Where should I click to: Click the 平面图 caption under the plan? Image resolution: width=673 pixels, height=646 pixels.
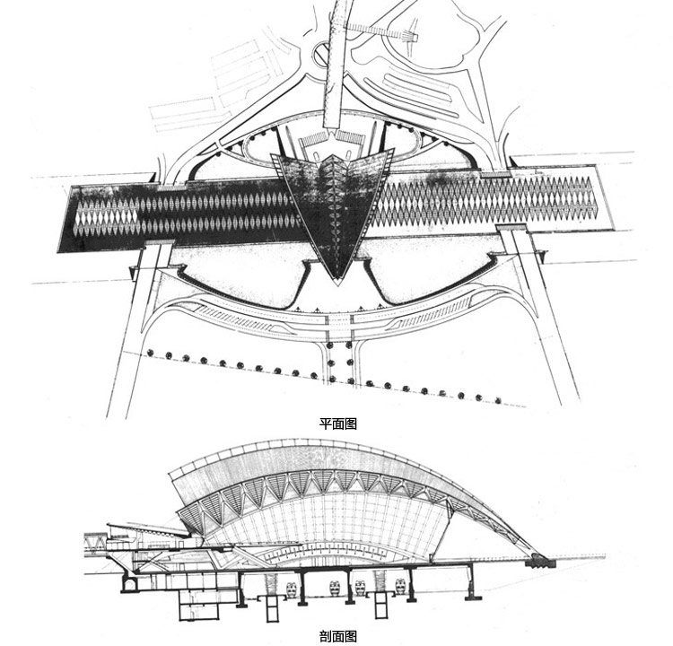(337, 424)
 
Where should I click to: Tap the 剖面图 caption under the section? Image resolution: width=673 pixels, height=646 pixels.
(337, 636)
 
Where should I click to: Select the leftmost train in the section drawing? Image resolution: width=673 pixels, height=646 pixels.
(292, 589)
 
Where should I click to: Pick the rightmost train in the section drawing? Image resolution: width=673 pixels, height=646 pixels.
(400, 586)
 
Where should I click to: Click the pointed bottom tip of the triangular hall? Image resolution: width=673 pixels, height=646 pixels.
(338, 284)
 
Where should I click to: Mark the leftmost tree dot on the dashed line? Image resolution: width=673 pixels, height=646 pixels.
(150, 353)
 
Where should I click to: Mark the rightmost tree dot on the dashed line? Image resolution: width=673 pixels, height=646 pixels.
(498, 400)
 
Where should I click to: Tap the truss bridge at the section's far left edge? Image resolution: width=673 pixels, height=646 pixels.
(95, 545)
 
